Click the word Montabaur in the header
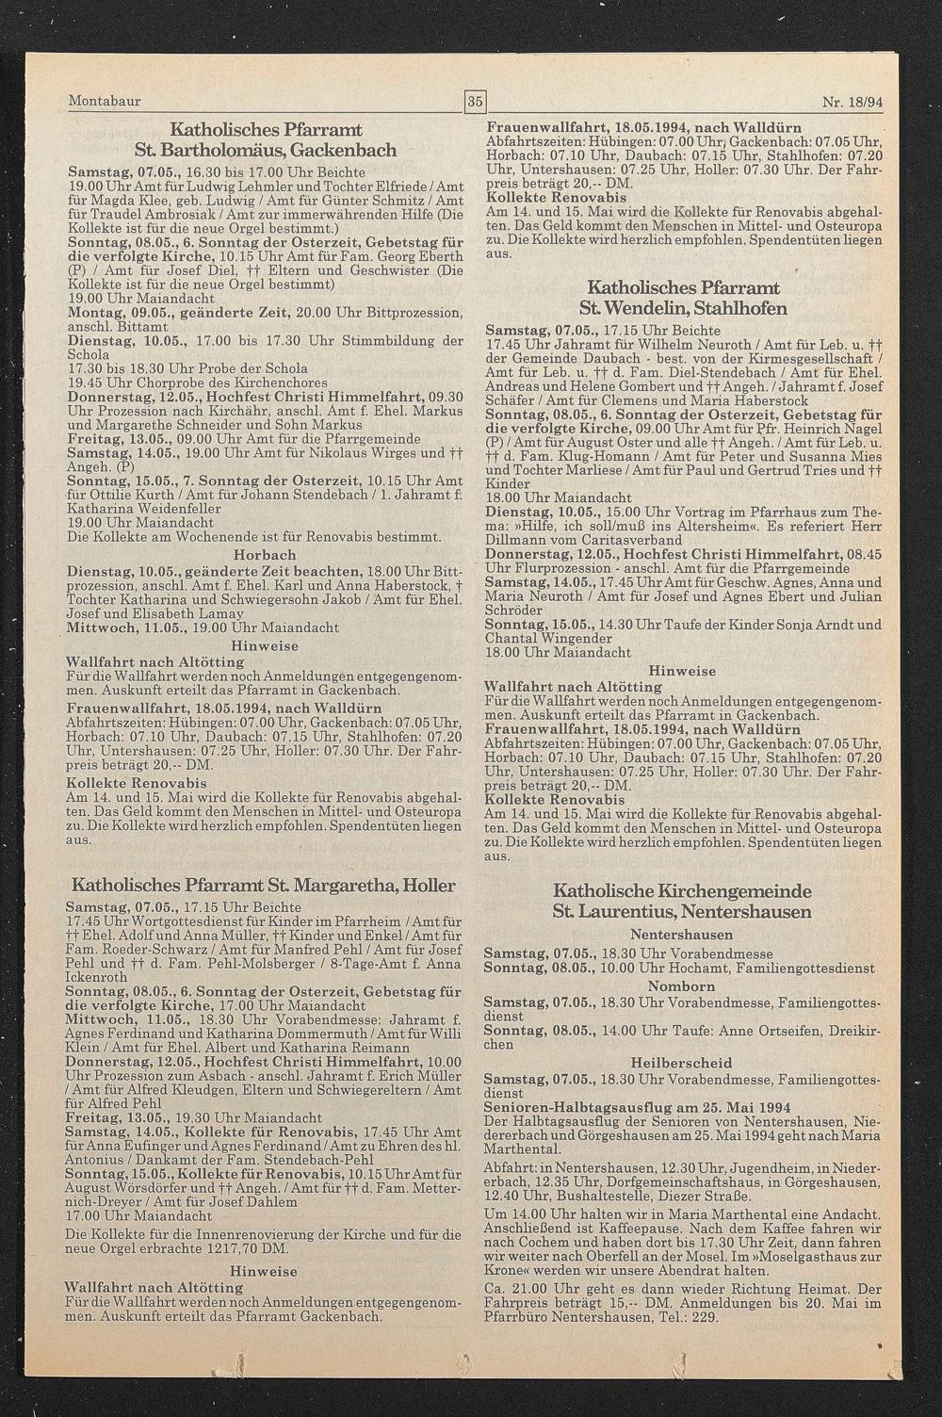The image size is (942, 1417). click(105, 101)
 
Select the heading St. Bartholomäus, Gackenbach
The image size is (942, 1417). click(265, 151)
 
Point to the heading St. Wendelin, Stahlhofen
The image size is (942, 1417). click(683, 308)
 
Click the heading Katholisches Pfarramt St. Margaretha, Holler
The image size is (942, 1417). click(264, 886)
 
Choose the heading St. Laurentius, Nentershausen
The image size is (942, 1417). click(682, 912)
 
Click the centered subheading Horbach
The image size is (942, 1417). click(265, 555)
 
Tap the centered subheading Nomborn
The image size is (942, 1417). click(682, 986)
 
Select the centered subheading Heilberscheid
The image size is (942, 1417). click(682, 1062)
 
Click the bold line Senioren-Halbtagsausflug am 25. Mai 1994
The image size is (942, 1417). click(637, 1107)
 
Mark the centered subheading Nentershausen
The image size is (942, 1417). click(682, 935)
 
